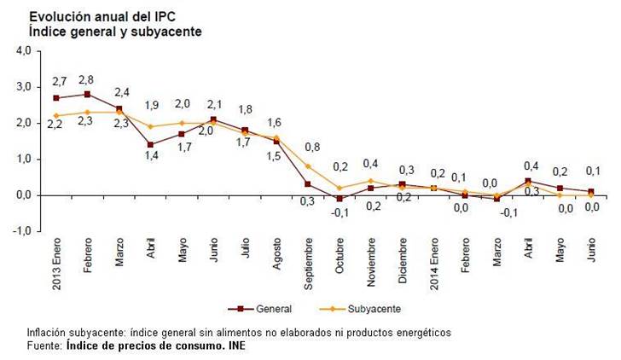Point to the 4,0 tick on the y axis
click(23, 50)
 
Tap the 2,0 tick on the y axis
click(23, 123)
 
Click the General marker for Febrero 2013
click(88, 94)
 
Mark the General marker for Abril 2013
click(151, 144)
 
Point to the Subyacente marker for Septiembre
click(307, 165)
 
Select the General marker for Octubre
click(339, 199)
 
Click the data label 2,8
click(88, 78)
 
